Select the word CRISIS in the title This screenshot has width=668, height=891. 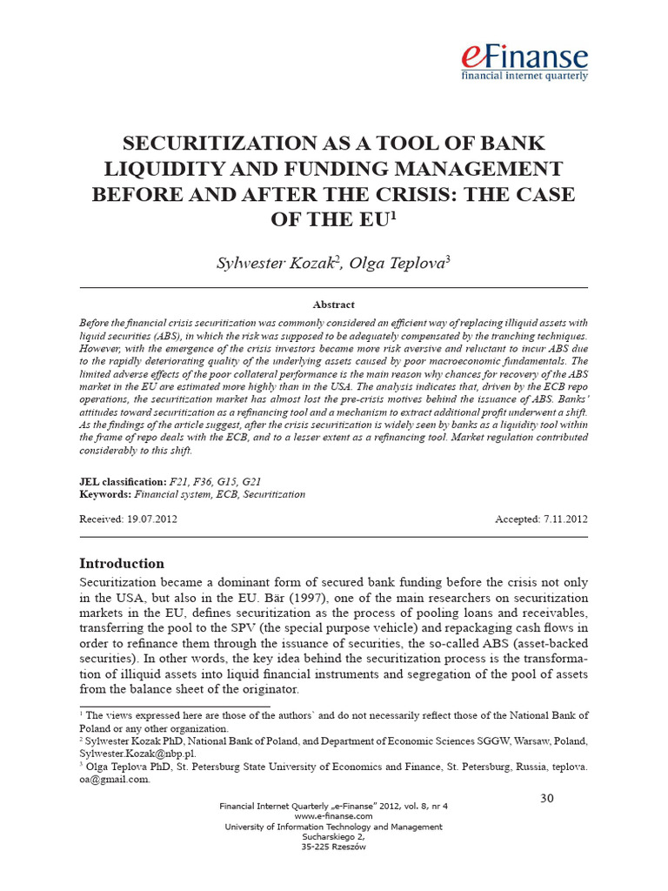click(429, 193)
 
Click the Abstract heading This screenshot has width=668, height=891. click(333, 305)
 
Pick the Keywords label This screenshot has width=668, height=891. click(105, 494)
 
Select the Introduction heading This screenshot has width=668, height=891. click(122, 563)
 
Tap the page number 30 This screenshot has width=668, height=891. click(547, 799)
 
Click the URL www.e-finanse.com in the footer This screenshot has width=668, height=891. click(333, 816)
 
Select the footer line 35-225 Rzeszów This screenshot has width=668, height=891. click(333, 847)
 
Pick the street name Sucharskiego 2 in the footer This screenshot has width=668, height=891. click(333, 837)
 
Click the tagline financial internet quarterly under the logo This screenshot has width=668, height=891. click(524, 76)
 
